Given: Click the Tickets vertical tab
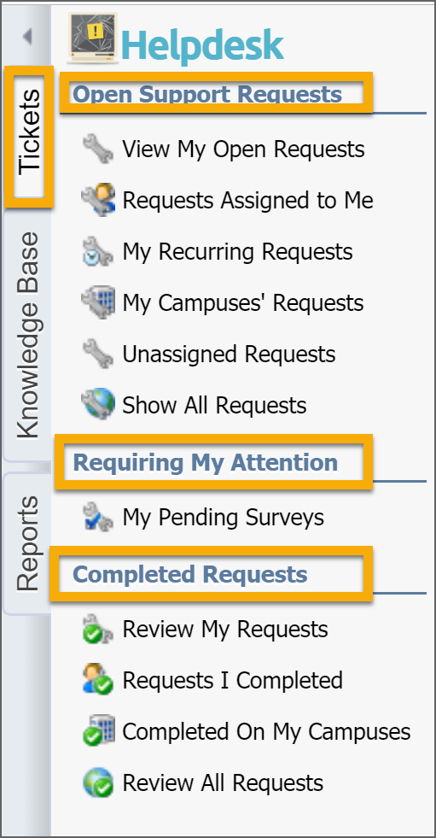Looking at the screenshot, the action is tap(29, 132).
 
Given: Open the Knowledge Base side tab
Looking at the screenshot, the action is tap(28, 335).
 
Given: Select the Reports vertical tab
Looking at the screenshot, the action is tap(28, 543).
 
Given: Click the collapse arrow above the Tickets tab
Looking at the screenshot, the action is tap(27, 37).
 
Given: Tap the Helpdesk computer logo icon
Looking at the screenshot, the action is tap(93, 37).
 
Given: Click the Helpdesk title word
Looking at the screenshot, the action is tap(202, 45).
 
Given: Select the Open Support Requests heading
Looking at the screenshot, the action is tap(207, 94).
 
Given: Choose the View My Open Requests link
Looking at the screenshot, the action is tap(243, 149).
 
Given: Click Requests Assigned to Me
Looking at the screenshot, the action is tap(247, 201).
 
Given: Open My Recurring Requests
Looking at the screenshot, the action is tap(237, 252).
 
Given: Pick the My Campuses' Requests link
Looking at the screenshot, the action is tap(243, 303).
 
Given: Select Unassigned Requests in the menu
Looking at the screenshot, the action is tap(229, 355).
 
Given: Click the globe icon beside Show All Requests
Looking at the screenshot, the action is tap(97, 404).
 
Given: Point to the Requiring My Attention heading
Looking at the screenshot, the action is tap(205, 462).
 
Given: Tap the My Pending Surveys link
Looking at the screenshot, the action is tap(223, 518).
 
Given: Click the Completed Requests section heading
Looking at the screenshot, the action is tap(190, 575).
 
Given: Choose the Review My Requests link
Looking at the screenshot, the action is tap(225, 629).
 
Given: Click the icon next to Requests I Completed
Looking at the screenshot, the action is tap(97, 679).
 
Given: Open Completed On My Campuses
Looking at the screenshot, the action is tap(266, 731).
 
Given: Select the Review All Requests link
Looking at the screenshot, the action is tap(223, 783).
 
